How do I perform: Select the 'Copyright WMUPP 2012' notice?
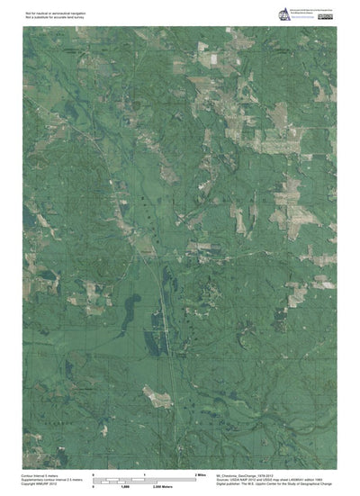coord(41,484)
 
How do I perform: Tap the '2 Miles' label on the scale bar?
coord(202,474)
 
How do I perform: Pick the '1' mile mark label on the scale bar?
coord(145,474)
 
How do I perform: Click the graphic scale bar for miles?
coord(145,478)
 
